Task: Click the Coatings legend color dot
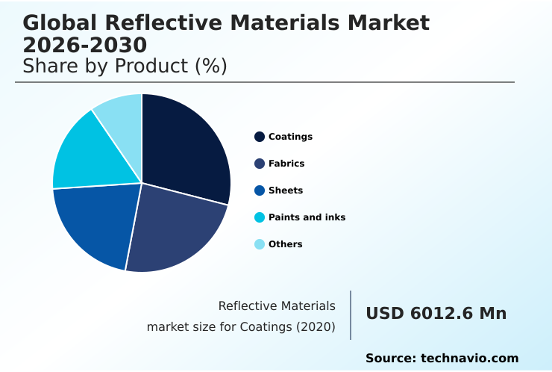[260, 137]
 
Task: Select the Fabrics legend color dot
[260, 164]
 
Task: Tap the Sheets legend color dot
[260, 190]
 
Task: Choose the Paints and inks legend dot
[260, 217]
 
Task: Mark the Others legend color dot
[260, 244]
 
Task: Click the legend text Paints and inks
[307, 217]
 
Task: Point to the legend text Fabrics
[286, 164]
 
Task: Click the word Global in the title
[57, 23]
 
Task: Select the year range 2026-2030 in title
[84, 45]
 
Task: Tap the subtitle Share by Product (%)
[125, 66]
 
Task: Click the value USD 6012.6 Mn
[436, 314]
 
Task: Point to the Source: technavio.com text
[442, 359]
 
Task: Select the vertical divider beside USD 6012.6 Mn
[351, 315]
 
